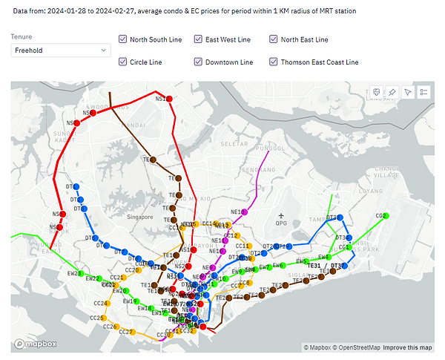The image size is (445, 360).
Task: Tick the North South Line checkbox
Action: pyautogui.click(x=122, y=39)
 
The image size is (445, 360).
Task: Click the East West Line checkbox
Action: pyautogui.click(x=198, y=39)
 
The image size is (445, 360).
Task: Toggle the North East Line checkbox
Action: pyautogui.click(x=274, y=39)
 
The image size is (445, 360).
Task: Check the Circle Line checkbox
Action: pyautogui.click(x=122, y=62)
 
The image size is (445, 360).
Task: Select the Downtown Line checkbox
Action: pyautogui.click(x=198, y=62)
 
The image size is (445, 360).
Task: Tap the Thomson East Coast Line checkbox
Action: pyautogui.click(x=274, y=62)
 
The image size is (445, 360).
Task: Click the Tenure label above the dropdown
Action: pyautogui.click(x=22, y=36)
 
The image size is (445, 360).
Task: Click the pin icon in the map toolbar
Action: pyautogui.click(x=392, y=91)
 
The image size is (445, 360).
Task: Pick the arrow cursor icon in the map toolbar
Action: pyautogui.click(x=407, y=91)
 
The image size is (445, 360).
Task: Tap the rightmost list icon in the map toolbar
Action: pyautogui.click(x=423, y=91)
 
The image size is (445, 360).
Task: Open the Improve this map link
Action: pyautogui.click(x=407, y=347)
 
